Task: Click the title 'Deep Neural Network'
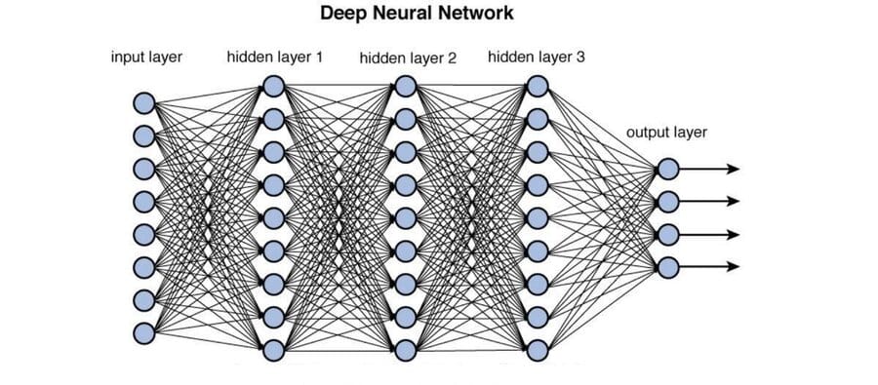click(417, 14)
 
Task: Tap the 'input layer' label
click(146, 58)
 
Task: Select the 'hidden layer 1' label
click(274, 58)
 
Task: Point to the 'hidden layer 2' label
click(408, 58)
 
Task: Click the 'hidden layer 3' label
click(537, 58)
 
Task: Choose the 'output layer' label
click(666, 133)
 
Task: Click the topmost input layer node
click(144, 103)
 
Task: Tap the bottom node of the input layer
click(144, 333)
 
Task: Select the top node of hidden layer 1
click(273, 86)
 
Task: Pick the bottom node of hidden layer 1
click(273, 351)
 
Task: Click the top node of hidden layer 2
click(406, 86)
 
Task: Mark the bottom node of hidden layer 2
click(406, 351)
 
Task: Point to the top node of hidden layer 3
click(537, 86)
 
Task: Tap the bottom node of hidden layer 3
click(537, 351)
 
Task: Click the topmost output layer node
click(668, 169)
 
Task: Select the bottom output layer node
click(668, 267)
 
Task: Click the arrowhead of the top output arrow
click(733, 169)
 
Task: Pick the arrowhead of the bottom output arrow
click(733, 267)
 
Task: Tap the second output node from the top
click(668, 202)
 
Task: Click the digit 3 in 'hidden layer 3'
click(580, 57)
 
